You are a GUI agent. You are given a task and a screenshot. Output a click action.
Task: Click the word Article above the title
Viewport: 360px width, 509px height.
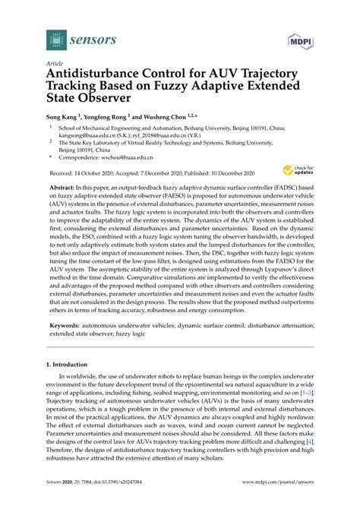pos(55,65)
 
